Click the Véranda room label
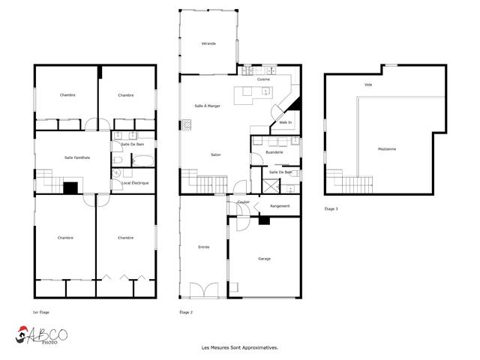(x=208, y=44)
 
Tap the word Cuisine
(x=263, y=79)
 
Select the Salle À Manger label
(x=207, y=106)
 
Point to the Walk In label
(x=285, y=121)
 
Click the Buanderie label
(x=274, y=152)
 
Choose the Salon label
(x=215, y=154)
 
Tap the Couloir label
(x=243, y=202)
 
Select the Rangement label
(x=280, y=205)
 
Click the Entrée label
(x=204, y=247)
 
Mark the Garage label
(x=264, y=259)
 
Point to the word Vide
(x=368, y=85)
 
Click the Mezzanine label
(x=387, y=148)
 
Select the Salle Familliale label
(x=77, y=157)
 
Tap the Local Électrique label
(x=135, y=183)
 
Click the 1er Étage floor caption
(x=42, y=312)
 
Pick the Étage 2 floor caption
(x=186, y=312)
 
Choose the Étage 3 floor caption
(x=331, y=208)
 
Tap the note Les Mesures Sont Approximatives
(x=239, y=347)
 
